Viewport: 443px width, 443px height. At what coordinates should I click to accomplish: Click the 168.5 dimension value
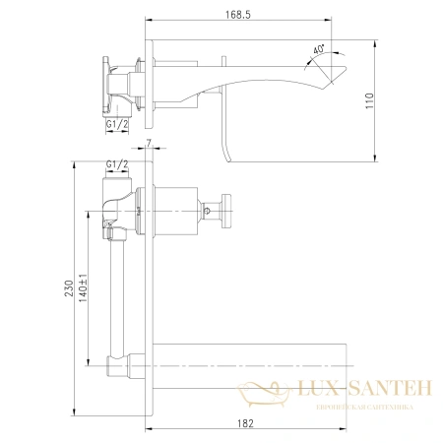click(238, 15)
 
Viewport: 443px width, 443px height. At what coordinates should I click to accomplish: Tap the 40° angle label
click(319, 49)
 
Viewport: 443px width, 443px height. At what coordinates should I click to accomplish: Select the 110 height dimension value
click(370, 101)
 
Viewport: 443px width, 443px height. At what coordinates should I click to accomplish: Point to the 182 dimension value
click(246, 423)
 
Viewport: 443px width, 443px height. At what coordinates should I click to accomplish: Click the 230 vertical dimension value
click(69, 288)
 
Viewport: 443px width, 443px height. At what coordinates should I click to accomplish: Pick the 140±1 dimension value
click(83, 287)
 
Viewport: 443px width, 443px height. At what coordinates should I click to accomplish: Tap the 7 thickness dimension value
click(149, 143)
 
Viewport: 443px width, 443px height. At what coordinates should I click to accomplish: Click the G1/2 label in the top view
click(117, 125)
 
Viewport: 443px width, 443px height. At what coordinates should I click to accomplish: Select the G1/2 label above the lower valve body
click(117, 164)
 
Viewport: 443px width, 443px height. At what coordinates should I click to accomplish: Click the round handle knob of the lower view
click(226, 211)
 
